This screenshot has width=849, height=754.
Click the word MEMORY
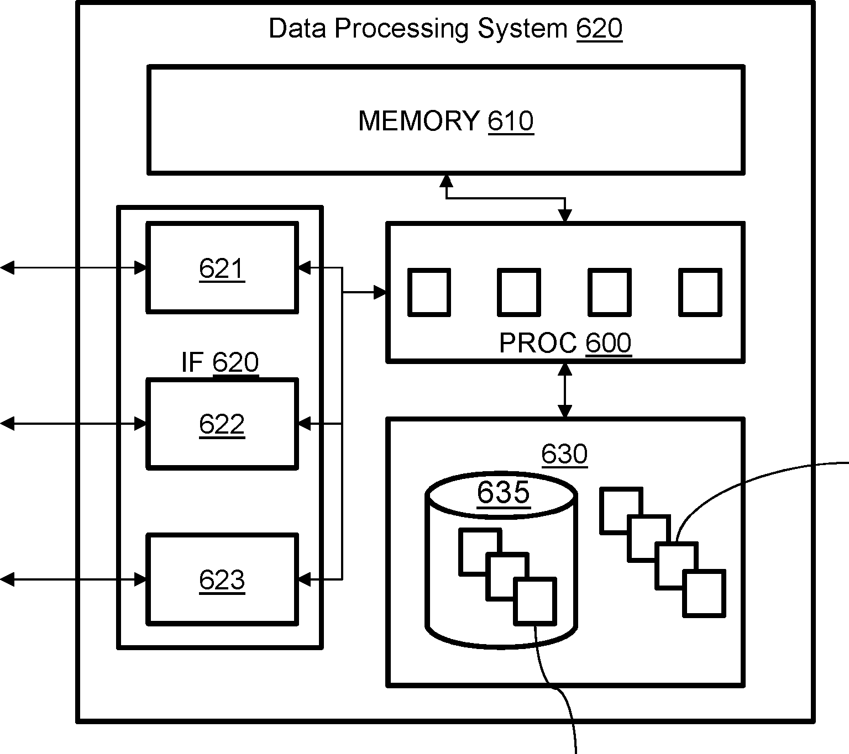click(x=418, y=120)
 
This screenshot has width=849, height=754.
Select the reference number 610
click(x=511, y=120)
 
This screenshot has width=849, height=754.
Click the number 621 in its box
click(x=222, y=269)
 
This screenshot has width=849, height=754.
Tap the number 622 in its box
click(x=222, y=424)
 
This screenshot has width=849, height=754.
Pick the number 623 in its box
click(x=222, y=580)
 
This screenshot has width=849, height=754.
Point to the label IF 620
click(x=220, y=362)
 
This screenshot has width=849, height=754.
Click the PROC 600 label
click(x=565, y=343)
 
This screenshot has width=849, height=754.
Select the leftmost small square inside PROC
click(x=429, y=292)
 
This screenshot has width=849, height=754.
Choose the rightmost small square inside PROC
click(x=700, y=292)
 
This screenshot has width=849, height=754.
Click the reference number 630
click(x=564, y=454)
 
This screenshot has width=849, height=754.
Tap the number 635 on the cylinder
click(x=504, y=492)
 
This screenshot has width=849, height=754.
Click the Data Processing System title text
click(x=418, y=29)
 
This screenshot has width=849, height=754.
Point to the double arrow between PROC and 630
click(x=565, y=390)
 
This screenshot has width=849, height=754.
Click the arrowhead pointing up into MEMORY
click(x=446, y=181)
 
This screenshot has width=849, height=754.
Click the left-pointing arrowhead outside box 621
click(x=7, y=268)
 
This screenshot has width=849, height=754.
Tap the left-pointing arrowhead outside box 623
click(x=7, y=579)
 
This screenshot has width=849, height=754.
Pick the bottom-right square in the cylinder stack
click(x=535, y=601)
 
